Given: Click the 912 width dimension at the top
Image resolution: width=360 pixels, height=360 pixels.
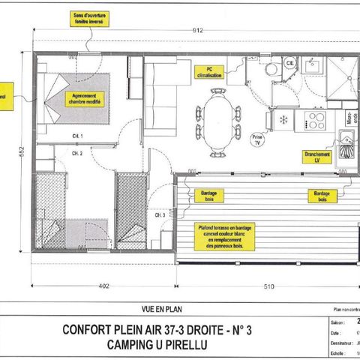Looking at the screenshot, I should tap(196, 31).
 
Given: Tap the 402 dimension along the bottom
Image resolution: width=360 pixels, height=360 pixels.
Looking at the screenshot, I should tap(103, 285).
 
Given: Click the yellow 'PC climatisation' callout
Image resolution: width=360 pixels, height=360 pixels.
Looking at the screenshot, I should tap(211, 73).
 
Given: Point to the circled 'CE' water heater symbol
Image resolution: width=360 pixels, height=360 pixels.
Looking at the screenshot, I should tap(289, 64).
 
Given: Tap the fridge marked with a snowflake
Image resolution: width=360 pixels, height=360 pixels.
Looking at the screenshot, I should tap(283, 119).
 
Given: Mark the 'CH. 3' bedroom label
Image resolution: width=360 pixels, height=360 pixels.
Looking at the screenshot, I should tap(160, 215).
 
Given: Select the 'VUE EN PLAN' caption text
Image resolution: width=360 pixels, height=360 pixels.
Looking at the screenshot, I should tap(163, 307).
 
